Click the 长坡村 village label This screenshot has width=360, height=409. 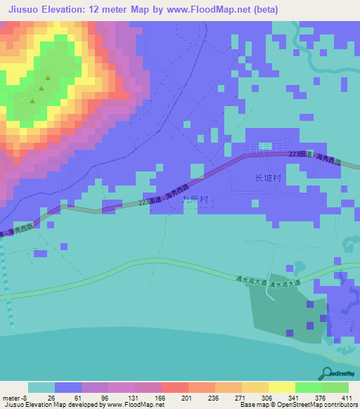click(x=267, y=179)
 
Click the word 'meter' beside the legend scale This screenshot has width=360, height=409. click(x=11, y=397)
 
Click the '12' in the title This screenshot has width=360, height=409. click(x=95, y=10)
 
